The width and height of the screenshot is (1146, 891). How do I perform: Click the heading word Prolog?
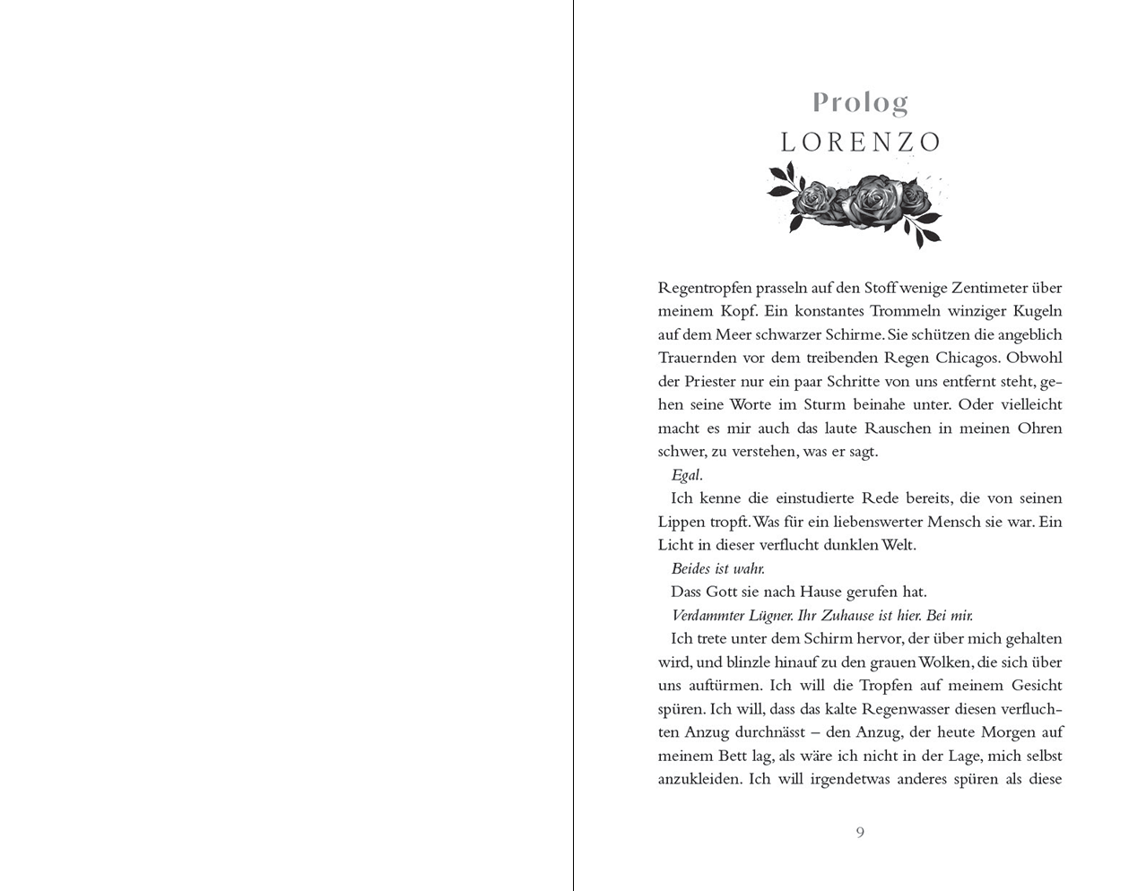(860, 103)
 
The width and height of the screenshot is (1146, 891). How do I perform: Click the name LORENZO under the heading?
(860, 143)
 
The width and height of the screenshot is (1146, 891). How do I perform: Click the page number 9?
(860, 833)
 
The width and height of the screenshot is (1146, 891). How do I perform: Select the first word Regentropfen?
(704, 289)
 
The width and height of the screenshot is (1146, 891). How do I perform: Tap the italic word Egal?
(685, 475)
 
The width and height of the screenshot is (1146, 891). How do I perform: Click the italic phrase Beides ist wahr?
(717, 568)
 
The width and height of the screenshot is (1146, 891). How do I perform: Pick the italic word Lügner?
(768, 616)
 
